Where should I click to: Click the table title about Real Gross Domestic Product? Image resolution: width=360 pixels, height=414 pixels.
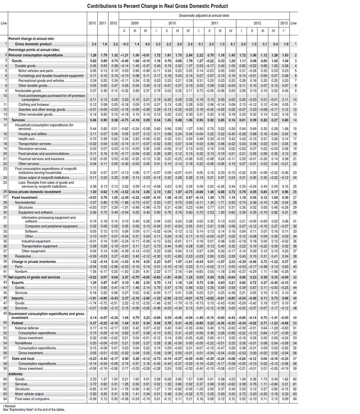(x=157, y=6)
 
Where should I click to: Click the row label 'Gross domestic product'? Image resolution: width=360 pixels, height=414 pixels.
(x=33, y=44)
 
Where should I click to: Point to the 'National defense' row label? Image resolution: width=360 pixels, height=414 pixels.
(x=27, y=328)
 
